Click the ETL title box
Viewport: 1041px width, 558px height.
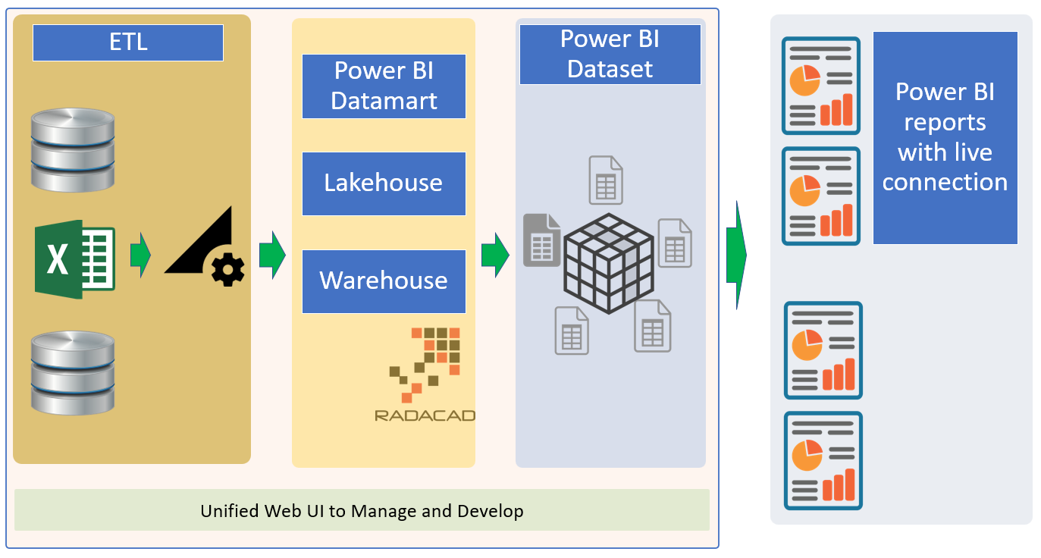coord(127,42)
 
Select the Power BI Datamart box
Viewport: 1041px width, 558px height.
coord(384,86)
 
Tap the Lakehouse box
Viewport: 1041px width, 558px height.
coord(384,183)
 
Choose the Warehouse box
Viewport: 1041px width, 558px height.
coord(384,281)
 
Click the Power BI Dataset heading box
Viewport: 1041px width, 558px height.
coord(610,54)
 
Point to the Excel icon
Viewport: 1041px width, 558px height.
coord(74,259)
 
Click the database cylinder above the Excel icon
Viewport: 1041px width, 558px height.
coord(73,149)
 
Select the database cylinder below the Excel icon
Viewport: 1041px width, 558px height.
coord(73,371)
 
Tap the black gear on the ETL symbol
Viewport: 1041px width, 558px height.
coord(228,269)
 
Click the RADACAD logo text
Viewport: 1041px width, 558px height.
coord(425,415)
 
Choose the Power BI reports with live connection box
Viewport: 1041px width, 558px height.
coord(945,137)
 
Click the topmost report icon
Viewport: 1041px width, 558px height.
coord(821,86)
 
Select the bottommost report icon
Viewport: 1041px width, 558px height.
coord(823,461)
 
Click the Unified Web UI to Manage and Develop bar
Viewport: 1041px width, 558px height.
coord(362,510)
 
